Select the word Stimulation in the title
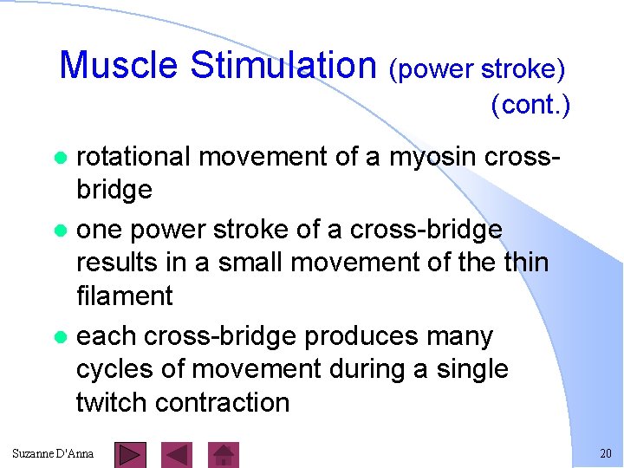tap(283, 65)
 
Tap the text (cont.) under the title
tap(530, 105)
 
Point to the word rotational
tap(133, 157)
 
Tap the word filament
tap(125, 296)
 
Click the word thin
tap(522, 262)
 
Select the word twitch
tap(113, 403)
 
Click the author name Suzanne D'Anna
tap(54, 454)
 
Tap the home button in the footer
tap(224, 454)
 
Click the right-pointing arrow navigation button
tap(129, 454)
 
